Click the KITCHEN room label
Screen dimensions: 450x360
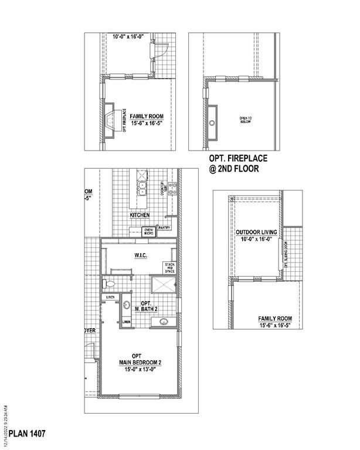tap(140, 215)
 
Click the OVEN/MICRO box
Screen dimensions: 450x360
tap(148, 231)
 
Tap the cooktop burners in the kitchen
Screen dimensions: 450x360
tap(173, 189)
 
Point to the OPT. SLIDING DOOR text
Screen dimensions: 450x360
tap(286, 255)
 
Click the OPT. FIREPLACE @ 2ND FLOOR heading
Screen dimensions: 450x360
tap(235, 163)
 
